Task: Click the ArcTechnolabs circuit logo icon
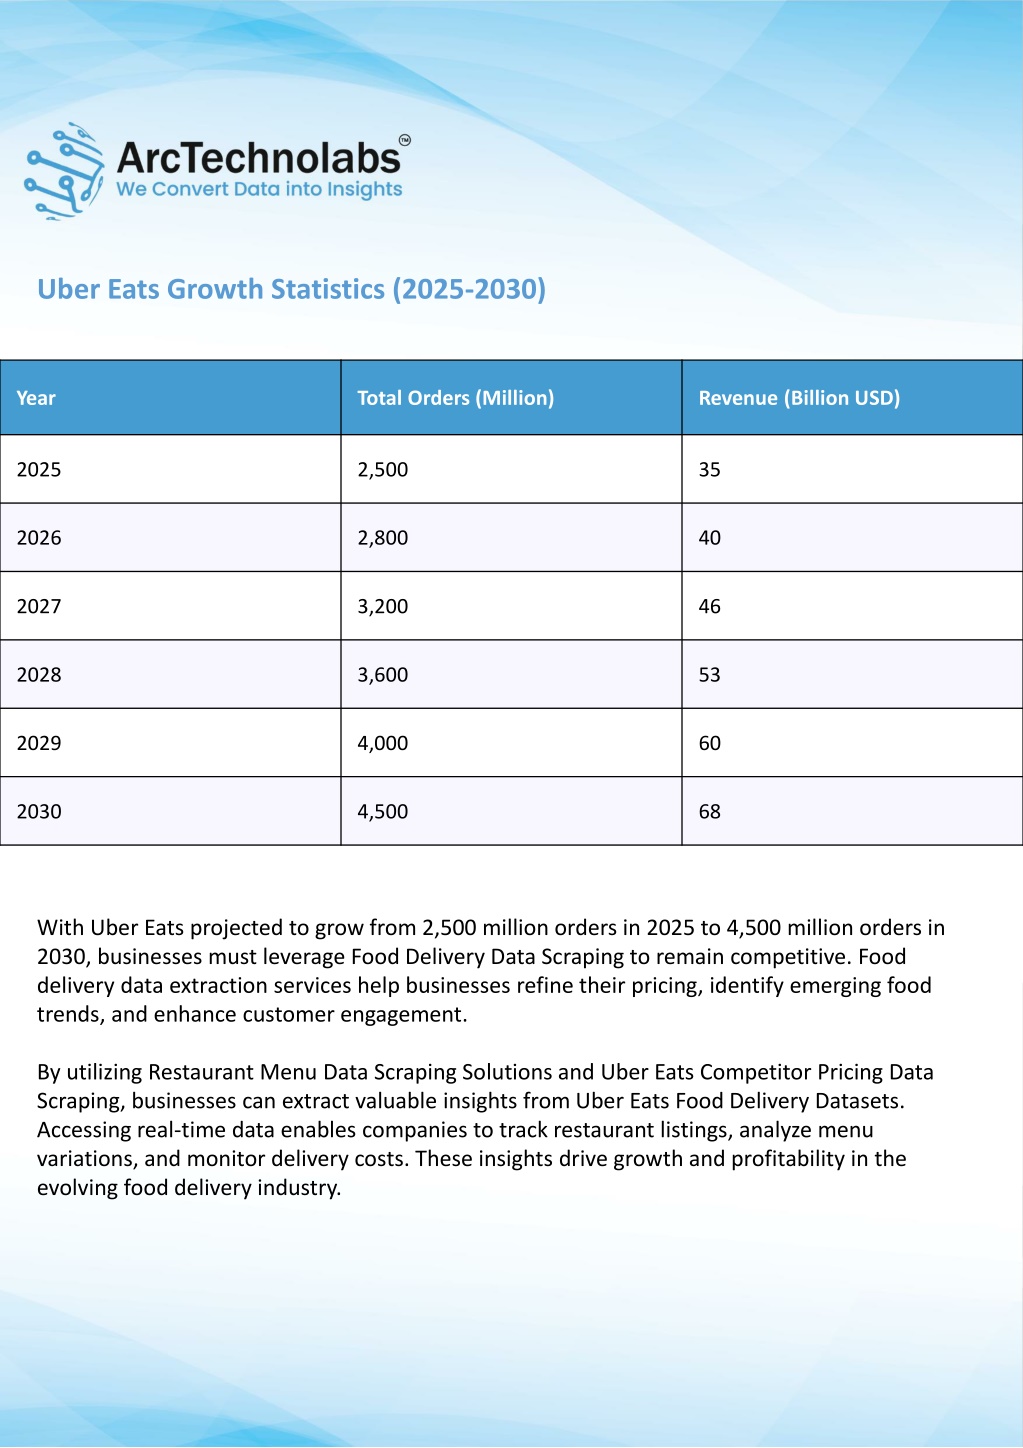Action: (x=63, y=171)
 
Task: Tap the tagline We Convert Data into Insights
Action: (x=259, y=189)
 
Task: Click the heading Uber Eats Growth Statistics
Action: (x=291, y=289)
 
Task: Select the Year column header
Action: (x=36, y=398)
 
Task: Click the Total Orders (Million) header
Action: (x=456, y=398)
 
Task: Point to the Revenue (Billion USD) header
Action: (x=799, y=398)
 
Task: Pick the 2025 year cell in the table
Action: (x=39, y=469)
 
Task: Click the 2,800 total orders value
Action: (x=383, y=538)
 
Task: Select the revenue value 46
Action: (x=710, y=606)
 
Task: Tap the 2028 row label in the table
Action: (x=39, y=675)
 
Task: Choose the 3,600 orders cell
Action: (x=383, y=675)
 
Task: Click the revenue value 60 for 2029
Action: (x=710, y=743)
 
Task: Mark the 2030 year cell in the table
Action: (x=39, y=812)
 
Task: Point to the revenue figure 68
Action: (x=710, y=812)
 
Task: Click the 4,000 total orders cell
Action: (x=383, y=743)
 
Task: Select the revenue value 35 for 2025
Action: (x=710, y=469)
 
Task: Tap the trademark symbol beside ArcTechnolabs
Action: (x=405, y=140)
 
